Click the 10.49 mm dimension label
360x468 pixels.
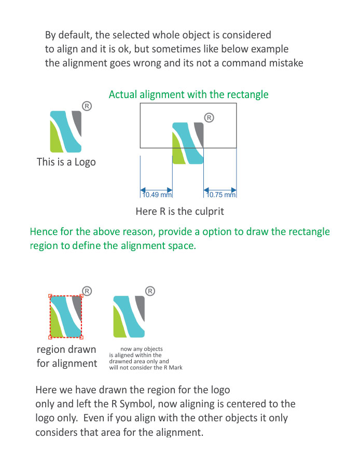(157, 195)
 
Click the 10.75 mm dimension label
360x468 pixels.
(221, 195)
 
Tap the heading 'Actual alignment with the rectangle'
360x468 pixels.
(189, 94)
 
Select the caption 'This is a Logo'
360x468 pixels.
(66, 162)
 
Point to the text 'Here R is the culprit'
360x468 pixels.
(179, 211)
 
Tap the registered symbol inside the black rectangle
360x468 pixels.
(209, 118)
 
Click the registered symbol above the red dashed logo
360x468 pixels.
(87, 291)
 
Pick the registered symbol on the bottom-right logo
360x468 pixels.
(150, 291)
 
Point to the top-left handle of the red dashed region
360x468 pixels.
(50, 296)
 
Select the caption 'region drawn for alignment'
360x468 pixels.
(66, 356)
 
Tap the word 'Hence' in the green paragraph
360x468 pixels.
(44, 231)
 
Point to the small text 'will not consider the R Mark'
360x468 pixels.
(146, 367)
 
